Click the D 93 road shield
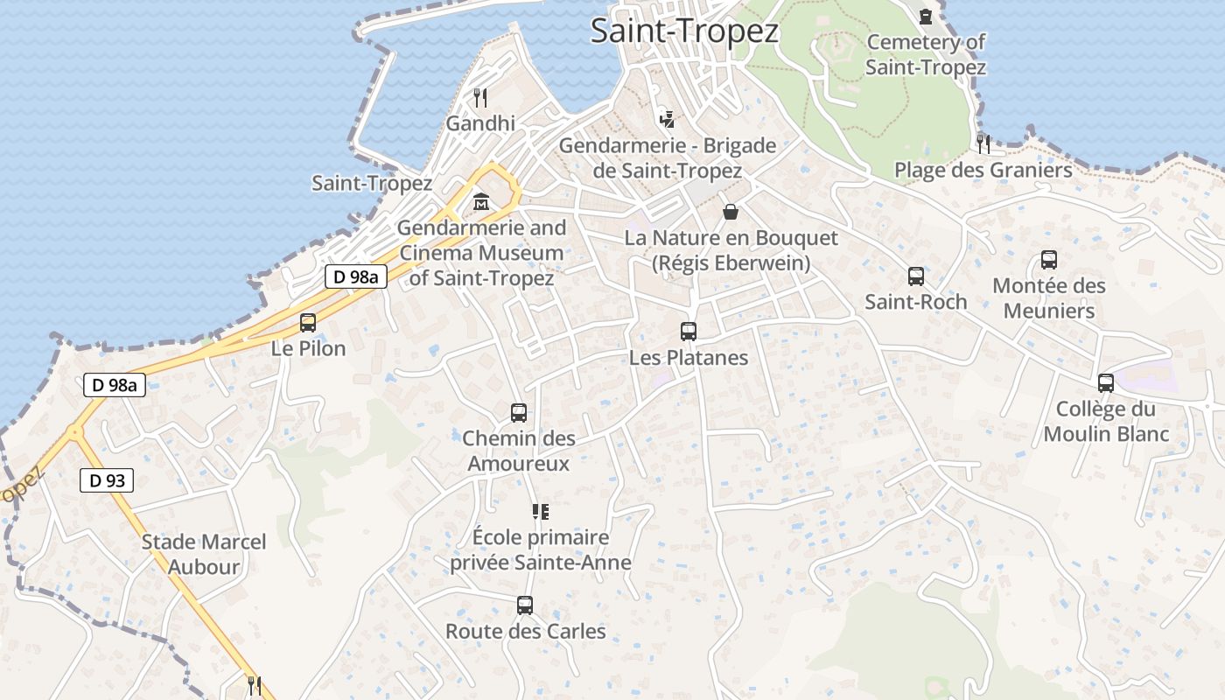pyautogui.click(x=107, y=479)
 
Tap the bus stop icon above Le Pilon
pyautogui.click(x=308, y=322)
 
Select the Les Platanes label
pyautogui.click(x=689, y=357)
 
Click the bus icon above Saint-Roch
pyautogui.click(x=916, y=276)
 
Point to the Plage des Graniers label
pyautogui.click(x=983, y=170)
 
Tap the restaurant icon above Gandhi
pyautogui.click(x=479, y=97)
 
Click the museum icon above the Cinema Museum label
pyautogui.click(x=480, y=203)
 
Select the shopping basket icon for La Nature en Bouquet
pyautogui.click(x=731, y=212)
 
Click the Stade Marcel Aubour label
pyautogui.click(x=204, y=554)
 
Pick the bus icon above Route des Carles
pyautogui.click(x=525, y=605)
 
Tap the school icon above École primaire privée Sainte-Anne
pyautogui.click(x=540, y=511)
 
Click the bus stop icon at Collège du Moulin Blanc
pyautogui.click(x=1106, y=383)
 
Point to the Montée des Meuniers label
pyautogui.click(x=1049, y=297)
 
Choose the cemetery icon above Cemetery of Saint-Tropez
pyautogui.click(x=926, y=16)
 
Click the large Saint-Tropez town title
pyautogui.click(x=684, y=31)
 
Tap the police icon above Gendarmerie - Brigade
pyautogui.click(x=667, y=119)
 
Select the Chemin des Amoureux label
pyautogui.click(x=519, y=451)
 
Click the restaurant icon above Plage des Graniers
pyautogui.click(x=983, y=143)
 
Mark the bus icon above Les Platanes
pyautogui.click(x=689, y=332)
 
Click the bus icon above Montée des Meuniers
pyautogui.click(x=1049, y=260)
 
